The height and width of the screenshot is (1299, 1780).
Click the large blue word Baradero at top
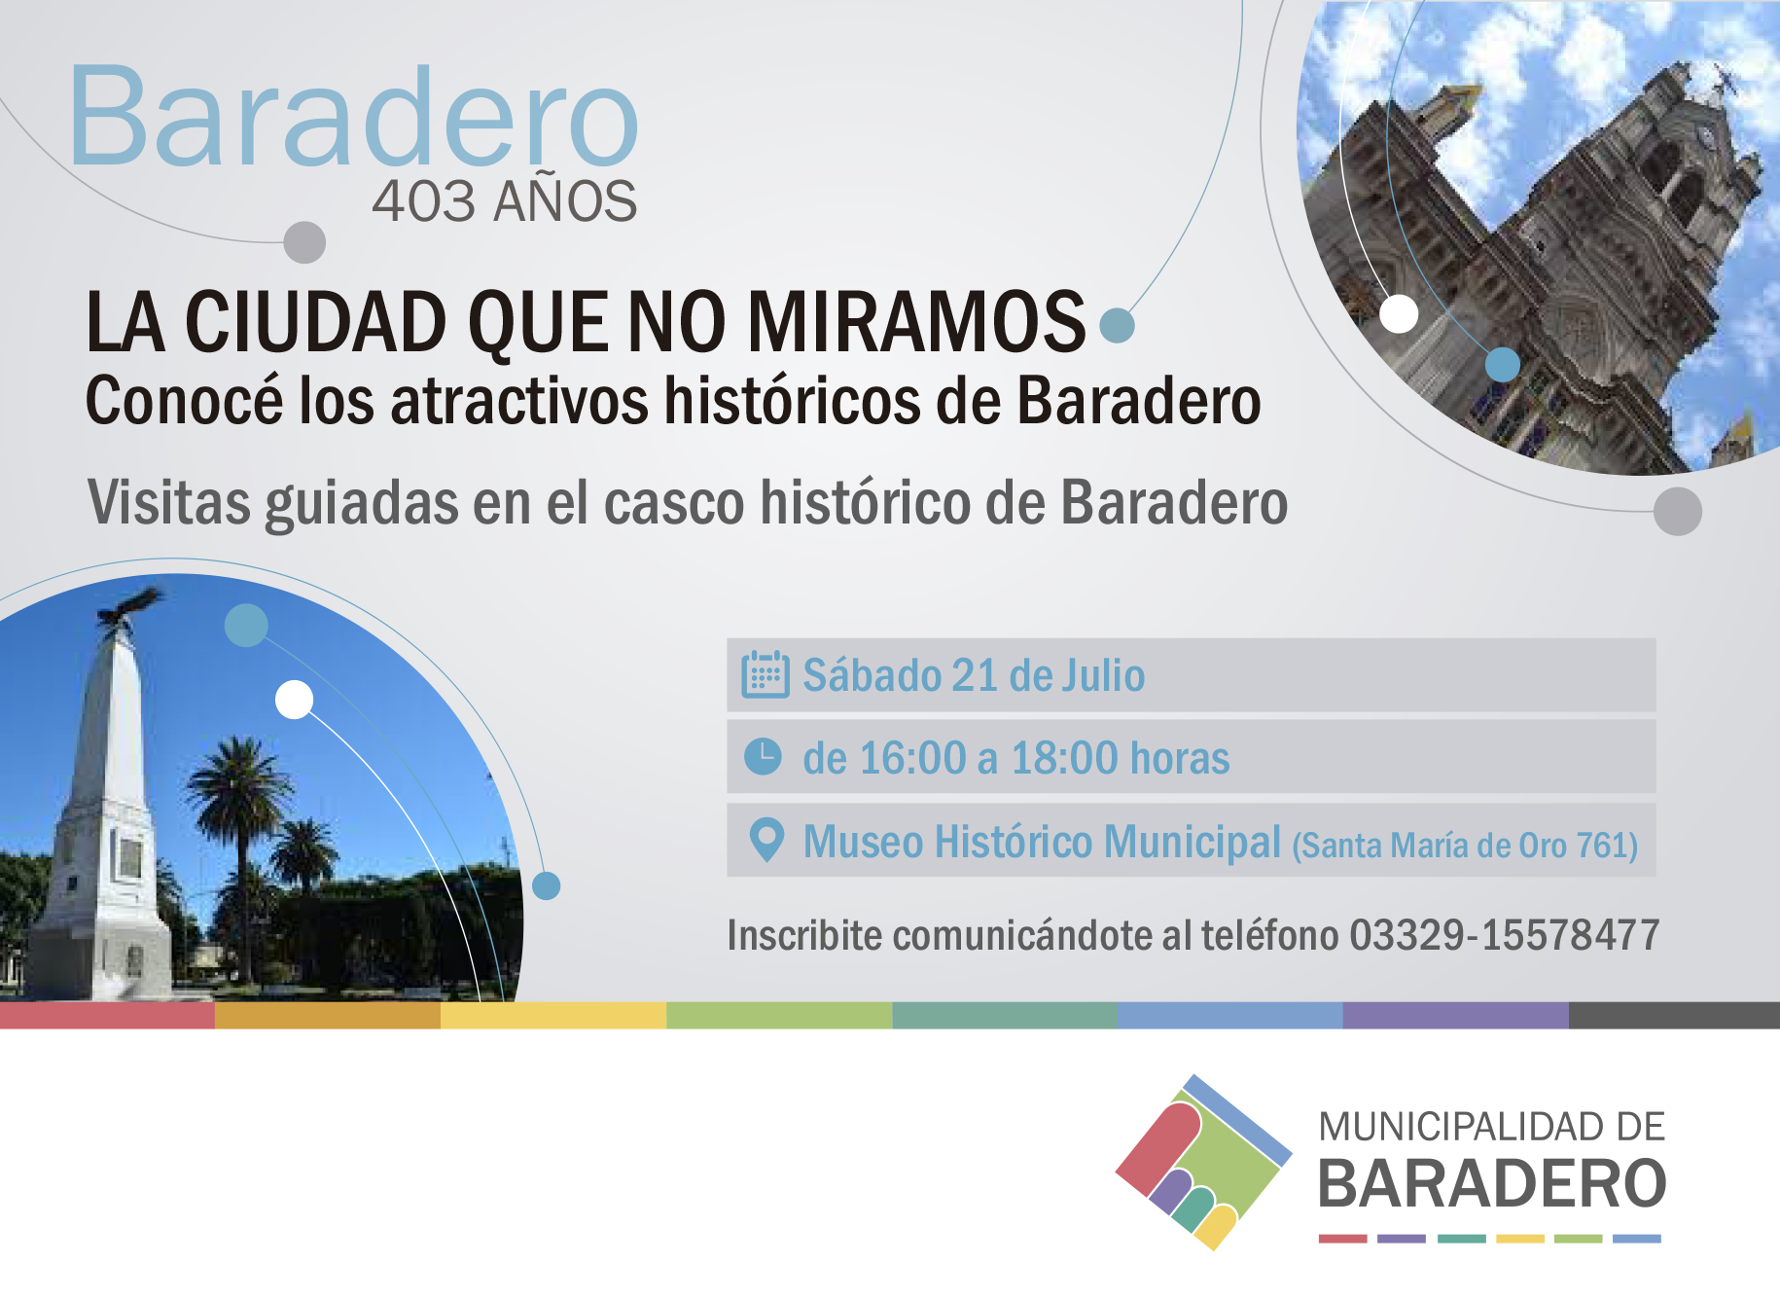click(x=354, y=117)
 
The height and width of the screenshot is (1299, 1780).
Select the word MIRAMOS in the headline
click(x=916, y=321)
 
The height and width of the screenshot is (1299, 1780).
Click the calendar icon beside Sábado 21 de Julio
click(x=765, y=674)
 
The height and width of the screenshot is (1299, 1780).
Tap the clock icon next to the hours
click(x=763, y=756)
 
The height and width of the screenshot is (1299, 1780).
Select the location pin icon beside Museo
click(x=766, y=840)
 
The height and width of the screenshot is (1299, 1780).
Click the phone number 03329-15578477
click(x=1504, y=935)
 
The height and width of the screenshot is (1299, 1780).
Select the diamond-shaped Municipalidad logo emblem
click(x=1204, y=1162)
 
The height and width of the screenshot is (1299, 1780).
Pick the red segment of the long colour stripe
click(x=107, y=1016)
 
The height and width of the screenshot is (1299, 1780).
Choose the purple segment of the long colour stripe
click(x=1455, y=1016)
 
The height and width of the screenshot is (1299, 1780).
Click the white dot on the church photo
click(x=1399, y=313)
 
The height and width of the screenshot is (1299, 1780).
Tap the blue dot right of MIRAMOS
click(x=1117, y=325)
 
